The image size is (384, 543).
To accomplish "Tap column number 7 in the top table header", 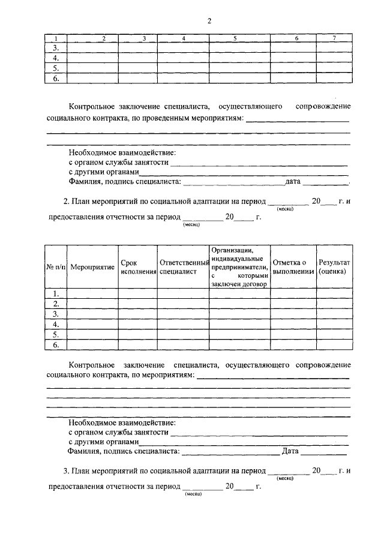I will pyautogui.click(x=334, y=38).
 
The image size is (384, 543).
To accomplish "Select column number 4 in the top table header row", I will pyautogui.click(x=183, y=38).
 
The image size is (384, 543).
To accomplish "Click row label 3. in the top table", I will pyautogui.click(x=56, y=48).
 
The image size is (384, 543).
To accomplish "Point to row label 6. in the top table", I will pyautogui.click(x=56, y=78).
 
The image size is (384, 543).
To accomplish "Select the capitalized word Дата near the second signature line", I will pyautogui.click(x=290, y=451).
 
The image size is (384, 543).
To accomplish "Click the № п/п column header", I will pyautogui.click(x=56, y=266).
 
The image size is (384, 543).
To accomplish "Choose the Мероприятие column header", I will pyautogui.click(x=92, y=267).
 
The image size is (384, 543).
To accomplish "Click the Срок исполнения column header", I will pyautogui.click(x=138, y=267).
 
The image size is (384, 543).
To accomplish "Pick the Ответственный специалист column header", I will pyautogui.click(x=183, y=267).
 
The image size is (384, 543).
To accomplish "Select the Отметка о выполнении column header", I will pyautogui.click(x=293, y=267).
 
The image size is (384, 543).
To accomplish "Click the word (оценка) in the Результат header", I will pyautogui.click(x=332, y=272).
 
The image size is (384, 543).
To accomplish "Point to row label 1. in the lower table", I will pyautogui.click(x=56, y=293).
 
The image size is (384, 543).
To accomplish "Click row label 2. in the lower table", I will pyautogui.click(x=56, y=304).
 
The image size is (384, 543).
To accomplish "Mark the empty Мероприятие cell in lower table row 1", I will pyautogui.click(x=92, y=293).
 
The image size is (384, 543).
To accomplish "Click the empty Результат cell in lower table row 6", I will pyautogui.click(x=334, y=345).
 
